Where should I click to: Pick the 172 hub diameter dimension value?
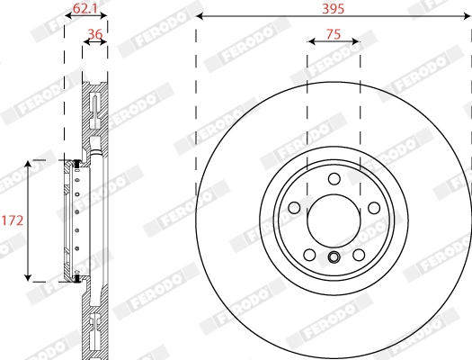(x=12, y=220)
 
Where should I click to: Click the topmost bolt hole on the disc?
(x=334, y=178)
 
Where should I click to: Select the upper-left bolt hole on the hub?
(x=293, y=208)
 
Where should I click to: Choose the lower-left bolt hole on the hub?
(x=308, y=254)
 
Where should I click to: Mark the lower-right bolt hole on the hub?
(x=358, y=254)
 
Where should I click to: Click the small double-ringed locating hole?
(x=334, y=260)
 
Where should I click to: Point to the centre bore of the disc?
(x=334, y=220)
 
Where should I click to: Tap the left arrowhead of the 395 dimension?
(x=199, y=16)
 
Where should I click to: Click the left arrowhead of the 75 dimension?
(x=309, y=40)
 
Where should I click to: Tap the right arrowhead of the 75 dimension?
(x=358, y=40)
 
